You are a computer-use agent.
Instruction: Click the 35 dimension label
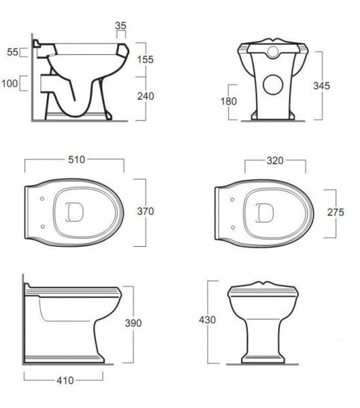120,26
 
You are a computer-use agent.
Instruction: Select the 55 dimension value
12,52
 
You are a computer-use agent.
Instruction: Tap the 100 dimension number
10,84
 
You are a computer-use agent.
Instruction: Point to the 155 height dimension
146,60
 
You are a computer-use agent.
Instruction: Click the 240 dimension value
146,97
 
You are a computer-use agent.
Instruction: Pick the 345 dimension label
321,86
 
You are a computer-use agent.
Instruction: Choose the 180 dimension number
229,101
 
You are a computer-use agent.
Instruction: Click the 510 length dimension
77,160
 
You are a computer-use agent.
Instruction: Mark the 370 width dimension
146,211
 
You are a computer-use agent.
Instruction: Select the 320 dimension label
275,160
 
